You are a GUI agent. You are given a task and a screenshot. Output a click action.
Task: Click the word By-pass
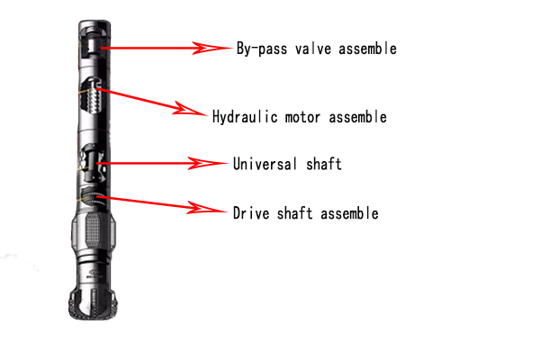262,49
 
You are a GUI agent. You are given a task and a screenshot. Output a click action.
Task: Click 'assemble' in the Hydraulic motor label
357,117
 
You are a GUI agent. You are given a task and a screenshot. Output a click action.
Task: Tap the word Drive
251,214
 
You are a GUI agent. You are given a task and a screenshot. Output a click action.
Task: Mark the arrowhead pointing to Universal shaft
206,164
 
